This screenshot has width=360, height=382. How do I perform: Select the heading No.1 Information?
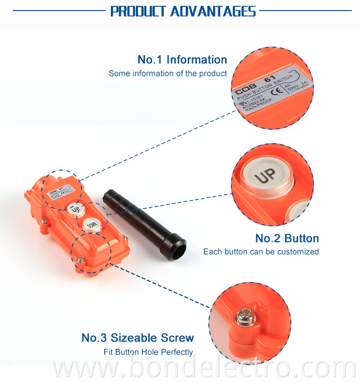click(x=182, y=60)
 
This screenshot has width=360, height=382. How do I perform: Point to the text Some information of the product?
click(x=168, y=74)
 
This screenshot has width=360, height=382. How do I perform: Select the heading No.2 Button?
click(x=287, y=238)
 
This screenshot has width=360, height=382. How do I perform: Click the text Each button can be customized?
click(x=261, y=252)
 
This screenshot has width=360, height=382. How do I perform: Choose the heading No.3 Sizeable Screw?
click(x=138, y=338)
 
